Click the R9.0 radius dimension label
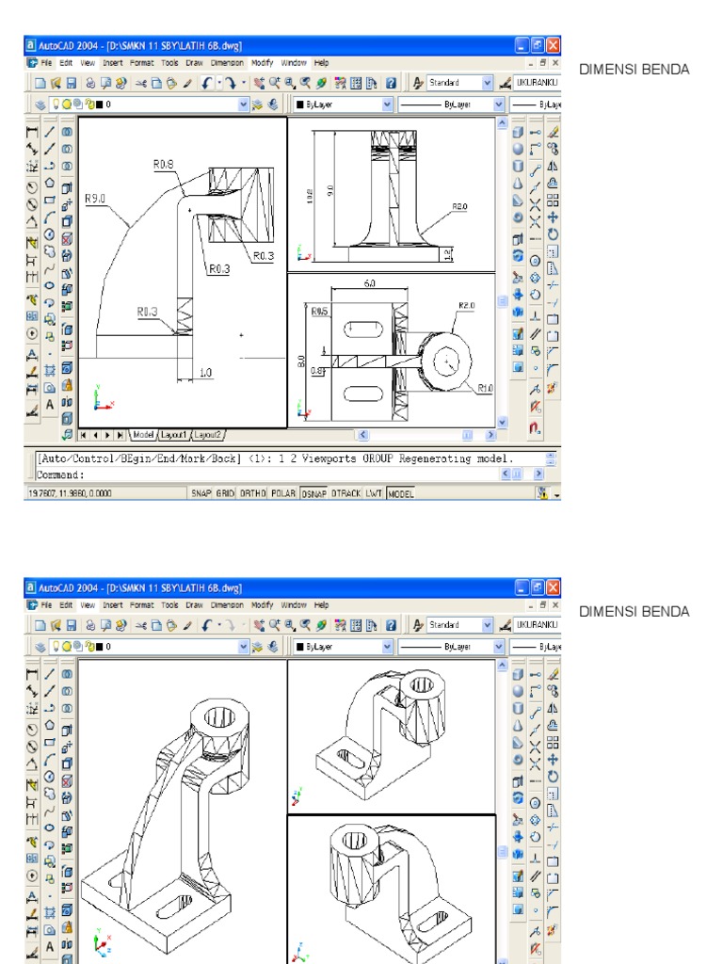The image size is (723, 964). coord(95,199)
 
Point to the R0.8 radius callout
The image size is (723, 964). coord(163,165)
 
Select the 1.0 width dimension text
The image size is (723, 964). coord(204,373)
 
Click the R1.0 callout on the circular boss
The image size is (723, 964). coord(485,387)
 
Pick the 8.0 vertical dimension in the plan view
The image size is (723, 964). coord(301,359)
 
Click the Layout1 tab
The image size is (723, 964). coord(173,435)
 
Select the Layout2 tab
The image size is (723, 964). coord(207,435)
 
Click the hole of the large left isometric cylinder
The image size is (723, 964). coord(223,715)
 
